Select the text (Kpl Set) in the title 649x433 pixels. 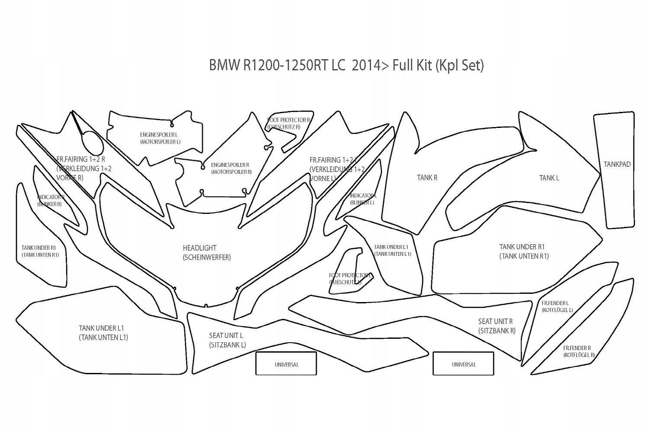pyautogui.click(x=459, y=65)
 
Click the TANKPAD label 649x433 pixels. pyautogui.click(x=617, y=164)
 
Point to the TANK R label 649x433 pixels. pyautogui.click(x=427, y=178)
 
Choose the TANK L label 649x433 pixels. pyautogui.click(x=549, y=178)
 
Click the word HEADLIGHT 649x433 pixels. pyautogui.click(x=199, y=248)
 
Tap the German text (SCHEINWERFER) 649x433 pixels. pyautogui.click(x=207, y=258)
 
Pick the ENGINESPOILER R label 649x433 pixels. pyautogui.click(x=230, y=165)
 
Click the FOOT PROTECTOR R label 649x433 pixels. pyautogui.click(x=289, y=120)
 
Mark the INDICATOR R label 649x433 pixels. pyautogui.click(x=51, y=197)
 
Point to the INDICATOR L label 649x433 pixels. pyautogui.click(x=363, y=196)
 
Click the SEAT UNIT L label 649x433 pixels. pyautogui.click(x=226, y=335)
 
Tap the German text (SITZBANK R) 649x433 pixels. pyautogui.click(x=497, y=331)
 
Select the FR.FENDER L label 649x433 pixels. pyautogui.click(x=555, y=303)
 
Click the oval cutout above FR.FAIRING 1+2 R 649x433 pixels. pyautogui.click(x=92, y=141)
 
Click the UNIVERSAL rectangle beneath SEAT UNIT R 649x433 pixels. pyautogui.click(x=463, y=364)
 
